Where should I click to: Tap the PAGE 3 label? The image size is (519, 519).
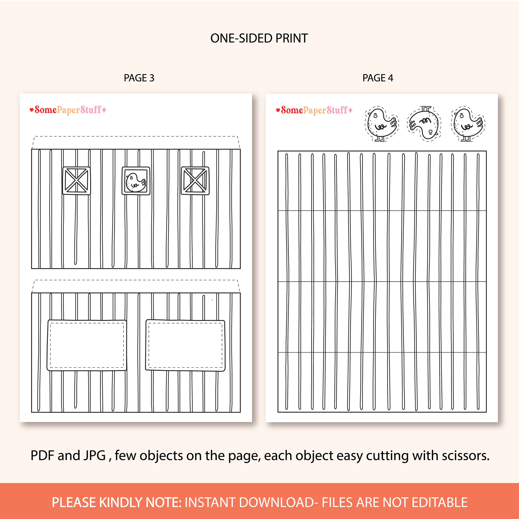click(139, 78)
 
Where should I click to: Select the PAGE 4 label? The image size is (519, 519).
click(378, 78)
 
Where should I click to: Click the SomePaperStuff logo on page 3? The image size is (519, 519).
click(68, 110)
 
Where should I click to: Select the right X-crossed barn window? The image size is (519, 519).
click(195, 180)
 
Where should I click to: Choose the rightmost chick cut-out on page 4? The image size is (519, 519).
click(468, 124)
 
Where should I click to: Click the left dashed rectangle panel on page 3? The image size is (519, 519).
click(87, 345)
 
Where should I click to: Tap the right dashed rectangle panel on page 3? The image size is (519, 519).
click(185, 345)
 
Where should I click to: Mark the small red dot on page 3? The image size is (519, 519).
click(212, 300)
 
